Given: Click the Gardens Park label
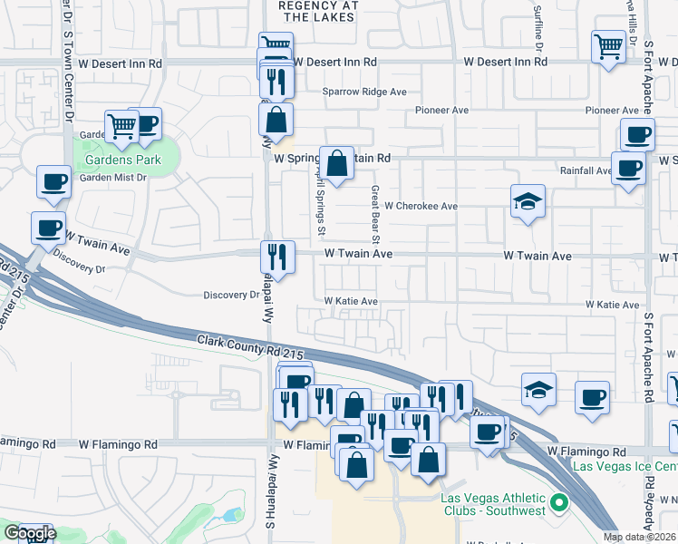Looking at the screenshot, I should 122,160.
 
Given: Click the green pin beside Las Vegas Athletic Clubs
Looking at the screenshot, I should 559,501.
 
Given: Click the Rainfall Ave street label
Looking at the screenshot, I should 586,170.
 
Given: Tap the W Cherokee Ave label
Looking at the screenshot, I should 421,206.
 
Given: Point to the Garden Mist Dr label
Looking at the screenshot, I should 113,178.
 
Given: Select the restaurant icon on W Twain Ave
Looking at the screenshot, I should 278,257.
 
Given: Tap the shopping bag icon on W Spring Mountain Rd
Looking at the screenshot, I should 336,164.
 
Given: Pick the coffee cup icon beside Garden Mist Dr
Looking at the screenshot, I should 53,180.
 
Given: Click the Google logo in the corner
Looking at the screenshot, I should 29,533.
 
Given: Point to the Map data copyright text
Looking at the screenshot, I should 640,537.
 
